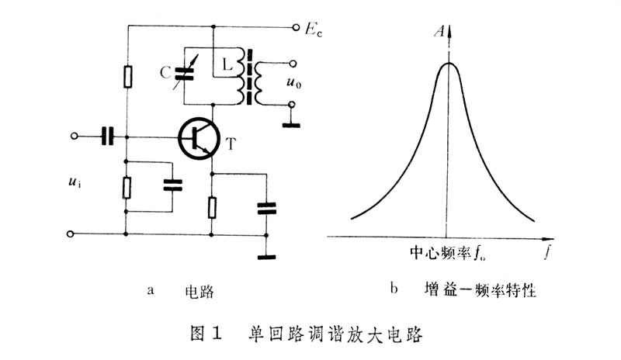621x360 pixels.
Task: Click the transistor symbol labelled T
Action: (x=199, y=138)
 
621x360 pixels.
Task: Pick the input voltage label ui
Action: (x=75, y=185)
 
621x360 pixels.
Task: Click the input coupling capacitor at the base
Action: (x=108, y=137)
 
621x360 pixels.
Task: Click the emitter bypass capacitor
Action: (x=266, y=208)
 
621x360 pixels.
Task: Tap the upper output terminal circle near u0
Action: (x=291, y=64)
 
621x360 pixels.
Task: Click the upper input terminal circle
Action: (x=75, y=137)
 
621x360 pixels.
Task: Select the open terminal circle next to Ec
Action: (x=295, y=29)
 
